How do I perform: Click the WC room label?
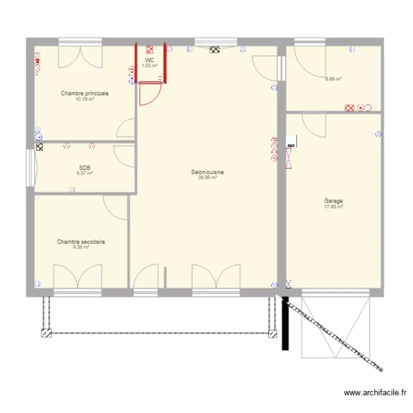pos(149,61)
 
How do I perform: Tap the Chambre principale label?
pos(85,93)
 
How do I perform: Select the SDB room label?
pos(85,168)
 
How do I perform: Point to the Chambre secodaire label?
pos(81,242)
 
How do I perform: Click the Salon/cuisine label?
pos(207,172)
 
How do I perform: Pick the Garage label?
pos(333,201)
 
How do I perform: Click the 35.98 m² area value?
pos(207,177)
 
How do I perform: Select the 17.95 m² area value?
pos(333,206)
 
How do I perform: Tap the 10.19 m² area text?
pos(85,99)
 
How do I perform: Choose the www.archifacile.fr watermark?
pos(375,393)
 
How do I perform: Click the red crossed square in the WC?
pos(149,50)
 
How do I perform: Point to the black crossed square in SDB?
pos(39,147)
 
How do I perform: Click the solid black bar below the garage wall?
pos(285,323)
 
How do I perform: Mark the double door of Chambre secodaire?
pos(78,276)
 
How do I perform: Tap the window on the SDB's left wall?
pos(30,168)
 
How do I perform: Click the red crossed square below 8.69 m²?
pos(349,108)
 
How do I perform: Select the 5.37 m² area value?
pos(85,173)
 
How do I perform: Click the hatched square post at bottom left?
pos(46,333)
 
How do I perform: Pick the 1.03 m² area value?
pos(149,66)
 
